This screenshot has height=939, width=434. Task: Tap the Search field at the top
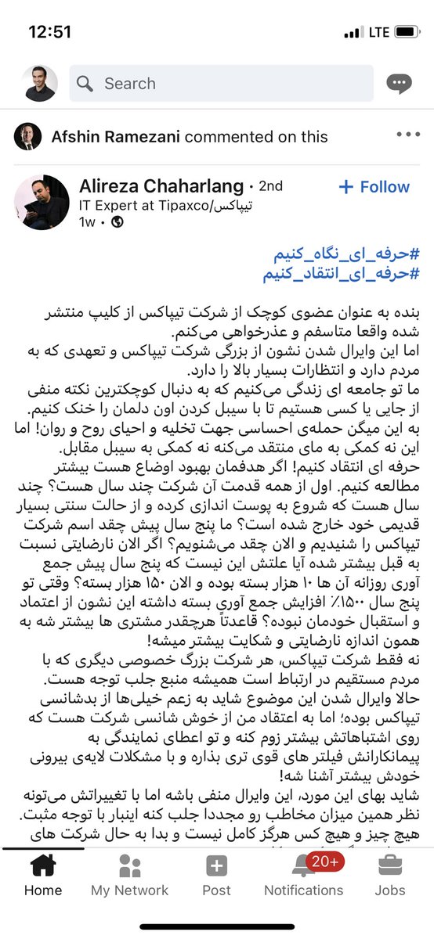(227, 84)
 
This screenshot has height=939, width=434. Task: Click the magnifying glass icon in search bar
(85, 84)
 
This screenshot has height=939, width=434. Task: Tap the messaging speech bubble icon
(400, 84)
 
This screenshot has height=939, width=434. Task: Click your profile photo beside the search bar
(39, 84)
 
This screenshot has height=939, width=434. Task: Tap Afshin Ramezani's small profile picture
(28, 137)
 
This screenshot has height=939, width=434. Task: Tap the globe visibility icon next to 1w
(118, 222)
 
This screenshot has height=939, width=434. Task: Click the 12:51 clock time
(49, 32)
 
